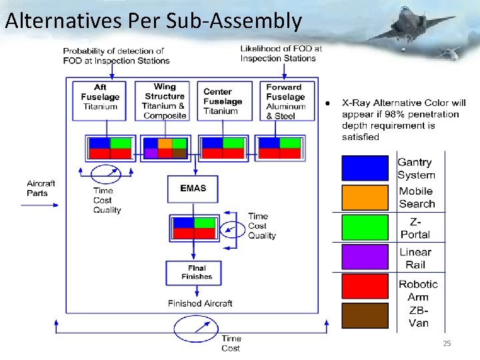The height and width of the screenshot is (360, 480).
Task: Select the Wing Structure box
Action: pos(164,101)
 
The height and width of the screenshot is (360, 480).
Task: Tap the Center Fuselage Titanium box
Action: pos(224,101)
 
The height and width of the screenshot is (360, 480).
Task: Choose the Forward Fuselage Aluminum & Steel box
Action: pos(285,101)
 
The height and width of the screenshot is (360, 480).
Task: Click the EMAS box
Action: pos(193,189)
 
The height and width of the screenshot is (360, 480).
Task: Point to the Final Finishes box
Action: pos(193,272)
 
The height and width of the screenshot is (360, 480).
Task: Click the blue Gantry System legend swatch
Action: pos(365,169)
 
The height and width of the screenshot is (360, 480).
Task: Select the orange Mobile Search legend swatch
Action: pos(365,198)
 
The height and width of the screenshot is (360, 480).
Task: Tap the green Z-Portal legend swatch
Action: pos(365,227)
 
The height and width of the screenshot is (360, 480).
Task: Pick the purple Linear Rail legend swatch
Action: pos(365,258)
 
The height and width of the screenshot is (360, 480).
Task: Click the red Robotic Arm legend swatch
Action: pos(365,287)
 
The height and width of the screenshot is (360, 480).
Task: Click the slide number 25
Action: pos(447,343)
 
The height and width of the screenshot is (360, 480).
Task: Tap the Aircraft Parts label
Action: pos(41,189)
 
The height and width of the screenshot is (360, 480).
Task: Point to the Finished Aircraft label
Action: pos(200,303)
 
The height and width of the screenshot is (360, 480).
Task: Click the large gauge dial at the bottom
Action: pos(196,329)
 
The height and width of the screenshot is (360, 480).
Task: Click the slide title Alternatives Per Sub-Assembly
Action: pos(153,21)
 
